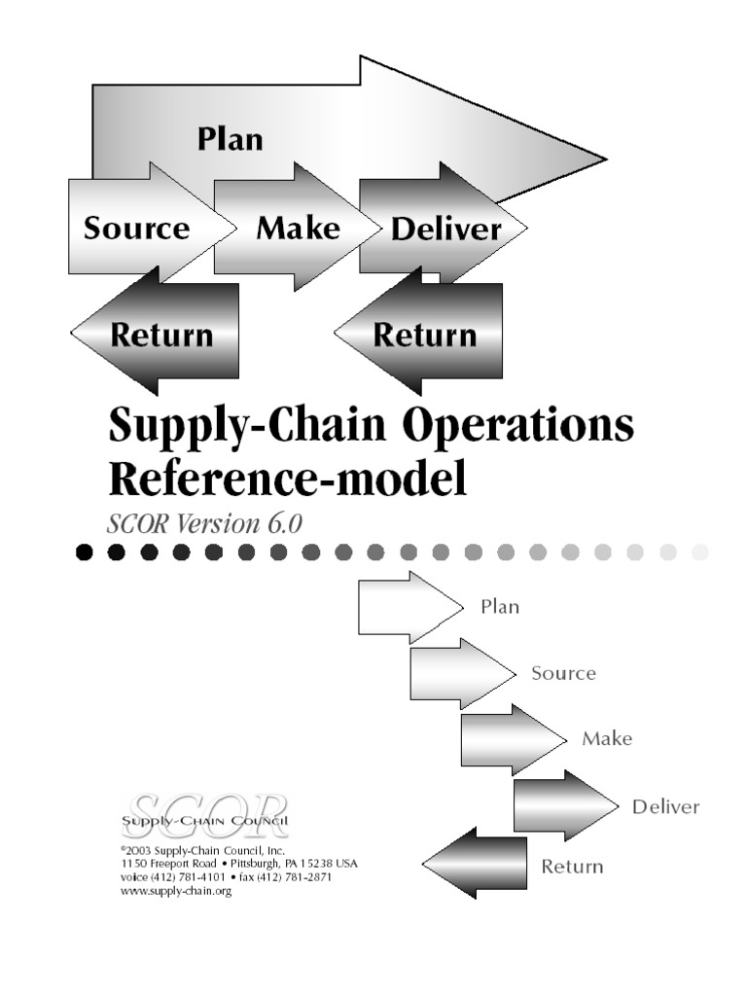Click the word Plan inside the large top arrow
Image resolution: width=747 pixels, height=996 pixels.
230,138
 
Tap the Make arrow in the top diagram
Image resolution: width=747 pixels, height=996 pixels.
297,228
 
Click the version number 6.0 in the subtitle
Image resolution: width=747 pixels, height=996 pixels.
281,522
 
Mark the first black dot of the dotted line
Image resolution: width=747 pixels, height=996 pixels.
85,552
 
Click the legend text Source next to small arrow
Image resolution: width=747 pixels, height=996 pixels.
563,673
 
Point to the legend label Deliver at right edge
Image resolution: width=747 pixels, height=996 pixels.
665,806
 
